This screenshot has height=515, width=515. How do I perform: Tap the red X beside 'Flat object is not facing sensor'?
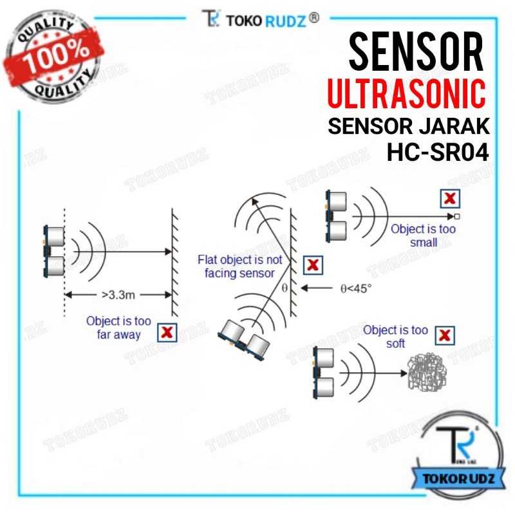(313, 265)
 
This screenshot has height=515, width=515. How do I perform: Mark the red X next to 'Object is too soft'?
(445, 335)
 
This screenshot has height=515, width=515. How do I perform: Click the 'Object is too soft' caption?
(395, 336)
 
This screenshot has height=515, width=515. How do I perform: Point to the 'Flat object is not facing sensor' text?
(239, 267)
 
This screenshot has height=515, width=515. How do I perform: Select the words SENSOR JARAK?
(409, 126)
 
